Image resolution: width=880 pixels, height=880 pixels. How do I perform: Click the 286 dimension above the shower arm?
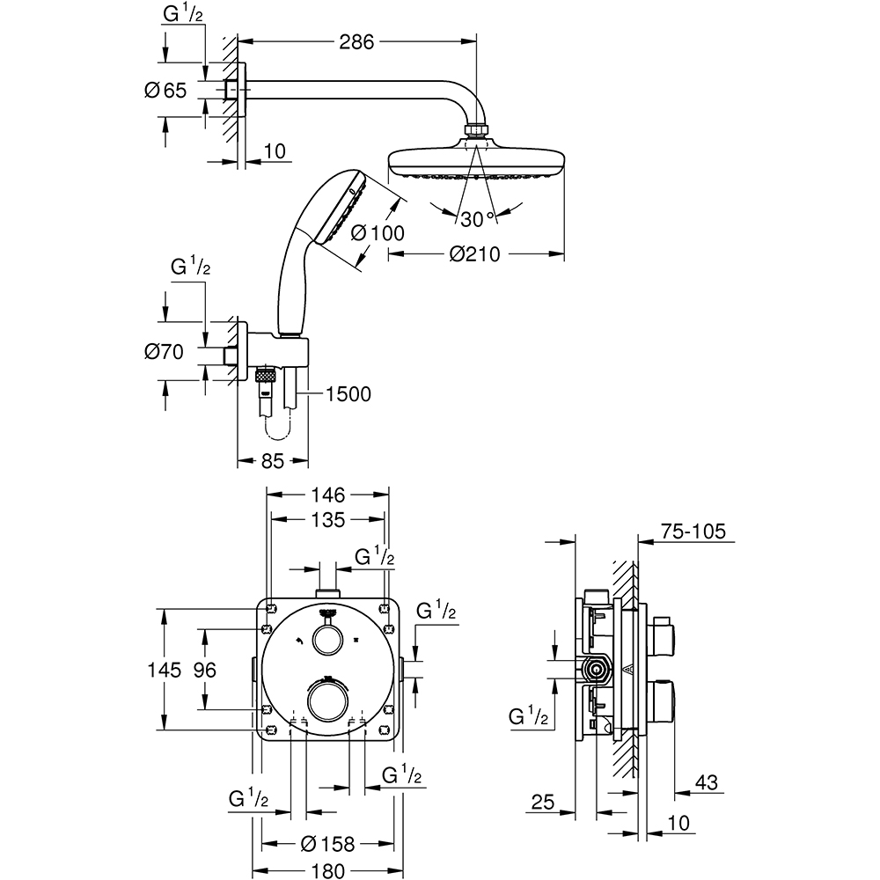(358, 41)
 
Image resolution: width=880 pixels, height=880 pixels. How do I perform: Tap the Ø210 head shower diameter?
(474, 254)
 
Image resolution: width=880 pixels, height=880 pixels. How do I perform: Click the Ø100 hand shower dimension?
(377, 233)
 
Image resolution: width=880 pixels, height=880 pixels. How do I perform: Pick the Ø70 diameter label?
(163, 353)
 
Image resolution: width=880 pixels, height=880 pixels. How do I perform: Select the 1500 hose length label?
(348, 393)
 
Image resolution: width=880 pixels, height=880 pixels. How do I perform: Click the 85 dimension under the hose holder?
(273, 459)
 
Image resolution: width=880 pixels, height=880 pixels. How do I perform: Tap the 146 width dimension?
(327, 495)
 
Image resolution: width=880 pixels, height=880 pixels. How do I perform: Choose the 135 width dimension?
(327, 520)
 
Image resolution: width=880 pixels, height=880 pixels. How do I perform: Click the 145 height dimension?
(165, 670)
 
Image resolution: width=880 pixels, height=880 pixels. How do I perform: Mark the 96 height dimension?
(205, 670)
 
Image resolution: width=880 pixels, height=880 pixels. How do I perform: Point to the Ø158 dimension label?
(327, 845)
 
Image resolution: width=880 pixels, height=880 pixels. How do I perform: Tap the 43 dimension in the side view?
(705, 781)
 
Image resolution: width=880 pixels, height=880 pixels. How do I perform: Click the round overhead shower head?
(475, 164)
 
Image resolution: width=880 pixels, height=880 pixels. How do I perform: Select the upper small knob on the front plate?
(328, 640)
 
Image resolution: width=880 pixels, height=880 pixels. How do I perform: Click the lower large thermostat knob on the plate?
(327, 704)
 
